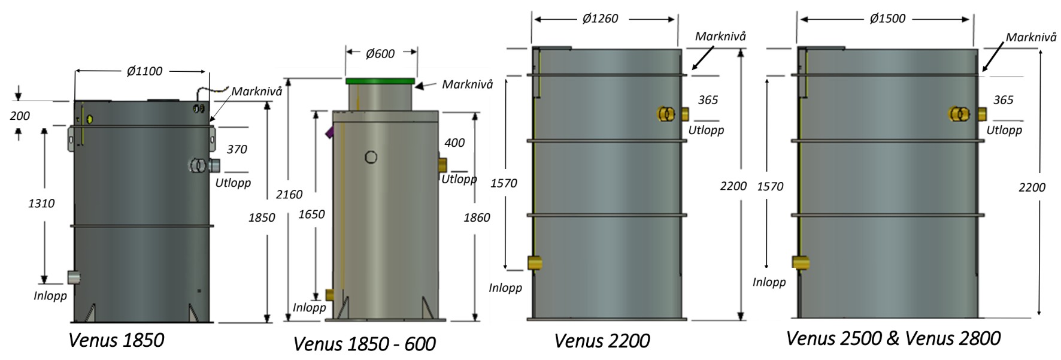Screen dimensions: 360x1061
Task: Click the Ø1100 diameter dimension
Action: (x=144, y=71)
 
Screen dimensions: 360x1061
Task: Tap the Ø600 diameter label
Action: (x=380, y=54)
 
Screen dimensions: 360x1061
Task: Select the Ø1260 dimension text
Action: (x=600, y=19)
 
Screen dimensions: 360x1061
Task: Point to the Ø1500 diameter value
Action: (x=887, y=19)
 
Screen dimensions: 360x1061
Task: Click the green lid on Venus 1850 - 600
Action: (x=380, y=81)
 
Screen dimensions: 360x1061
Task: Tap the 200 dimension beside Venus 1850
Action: (x=20, y=116)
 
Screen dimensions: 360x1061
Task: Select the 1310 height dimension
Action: (x=41, y=204)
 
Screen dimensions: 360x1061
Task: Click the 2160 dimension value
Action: (x=289, y=195)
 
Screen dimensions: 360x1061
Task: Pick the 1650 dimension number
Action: (x=311, y=214)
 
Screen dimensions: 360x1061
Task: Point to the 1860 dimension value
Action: (x=477, y=217)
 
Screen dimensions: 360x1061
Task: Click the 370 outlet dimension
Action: (x=237, y=149)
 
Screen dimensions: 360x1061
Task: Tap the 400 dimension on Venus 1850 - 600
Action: (x=454, y=143)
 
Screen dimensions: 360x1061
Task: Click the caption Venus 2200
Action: (x=602, y=341)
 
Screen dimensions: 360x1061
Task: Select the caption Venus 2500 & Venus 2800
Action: (x=893, y=338)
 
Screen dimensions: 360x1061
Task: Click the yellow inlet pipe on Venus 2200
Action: (x=535, y=262)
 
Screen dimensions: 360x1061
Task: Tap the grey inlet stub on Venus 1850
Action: (x=74, y=277)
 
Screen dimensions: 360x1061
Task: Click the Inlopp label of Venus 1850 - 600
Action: (x=309, y=307)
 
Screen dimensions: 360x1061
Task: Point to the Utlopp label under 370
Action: (x=233, y=183)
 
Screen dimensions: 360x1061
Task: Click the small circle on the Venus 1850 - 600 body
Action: (x=371, y=158)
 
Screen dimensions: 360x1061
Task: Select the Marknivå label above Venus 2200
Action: (x=720, y=37)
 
